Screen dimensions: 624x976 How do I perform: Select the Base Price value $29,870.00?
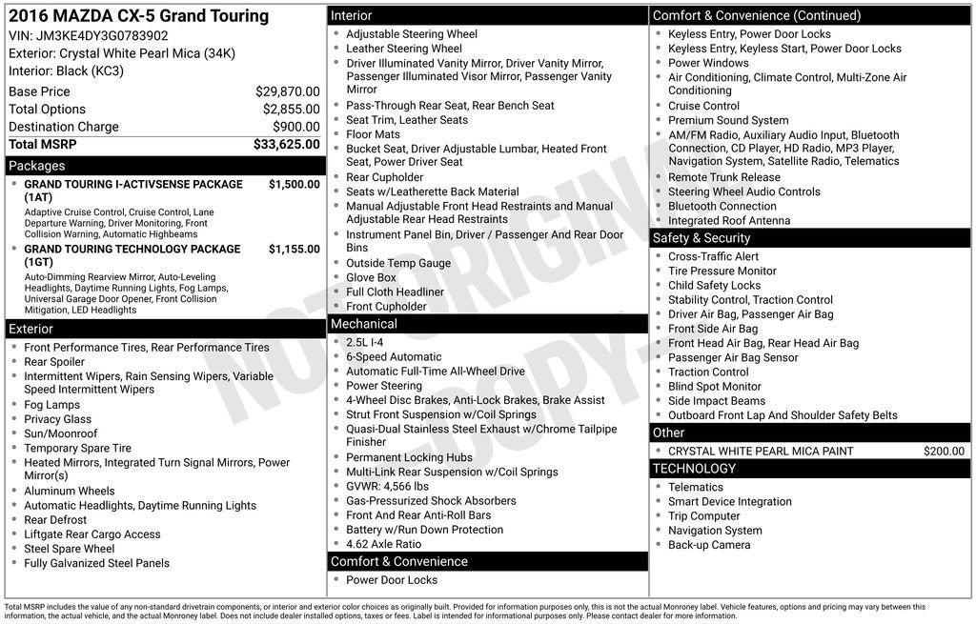[x=287, y=91]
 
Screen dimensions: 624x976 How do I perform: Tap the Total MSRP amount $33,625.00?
[x=286, y=145]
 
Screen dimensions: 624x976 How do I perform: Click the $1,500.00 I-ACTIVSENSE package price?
[x=294, y=185]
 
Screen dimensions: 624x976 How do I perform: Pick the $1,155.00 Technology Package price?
[x=294, y=250]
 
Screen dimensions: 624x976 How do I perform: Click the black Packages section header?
[x=165, y=166]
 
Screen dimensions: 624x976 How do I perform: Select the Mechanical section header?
[x=487, y=324]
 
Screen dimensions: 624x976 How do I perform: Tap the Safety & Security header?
[x=810, y=238]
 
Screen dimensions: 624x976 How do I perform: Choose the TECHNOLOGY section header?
[x=810, y=469]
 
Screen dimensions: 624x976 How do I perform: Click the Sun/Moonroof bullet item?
[x=61, y=433]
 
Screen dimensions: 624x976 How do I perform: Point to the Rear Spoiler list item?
[x=54, y=362]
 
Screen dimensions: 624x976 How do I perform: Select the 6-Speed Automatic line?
[x=394, y=357]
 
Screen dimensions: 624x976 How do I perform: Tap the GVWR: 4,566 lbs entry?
[x=387, y=487]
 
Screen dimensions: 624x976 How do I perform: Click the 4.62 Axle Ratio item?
[x=383, y=544]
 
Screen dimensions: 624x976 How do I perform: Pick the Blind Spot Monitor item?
[x=714, y=387]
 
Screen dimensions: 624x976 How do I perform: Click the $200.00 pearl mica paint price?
[x=944, y=452]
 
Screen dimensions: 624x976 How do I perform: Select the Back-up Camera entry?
[x=709, y=545]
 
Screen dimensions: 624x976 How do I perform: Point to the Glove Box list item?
[x=371, y=278]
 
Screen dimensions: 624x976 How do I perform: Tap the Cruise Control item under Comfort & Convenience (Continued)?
[x=703, y=106]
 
